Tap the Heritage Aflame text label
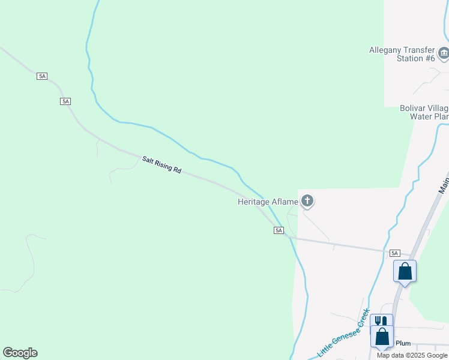click(268, 202)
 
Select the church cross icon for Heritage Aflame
click(307, 200)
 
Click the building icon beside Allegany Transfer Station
click(444, 54)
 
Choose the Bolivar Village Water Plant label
click(424, 112)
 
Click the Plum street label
click(403, 343)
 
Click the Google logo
click(20, 353)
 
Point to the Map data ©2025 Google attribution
click(412, 355)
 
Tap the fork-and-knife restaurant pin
click(381, 323)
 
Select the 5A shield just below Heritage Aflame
click(279, 230)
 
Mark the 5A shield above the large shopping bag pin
click(394, 253)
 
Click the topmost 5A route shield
click(42, 76)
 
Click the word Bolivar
click(412, 109)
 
